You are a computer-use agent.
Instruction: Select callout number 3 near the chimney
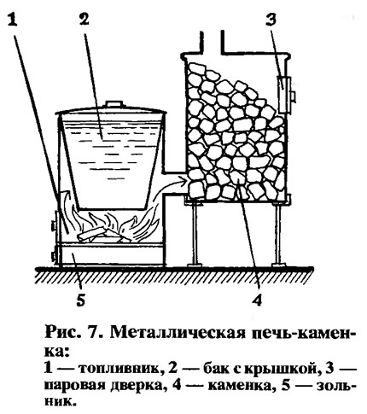pos(271,20)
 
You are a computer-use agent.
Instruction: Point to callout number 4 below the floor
pos(257,300)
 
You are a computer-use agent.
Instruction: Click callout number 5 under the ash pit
pos(81,300)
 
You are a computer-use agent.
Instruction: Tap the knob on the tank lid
pos(114,103)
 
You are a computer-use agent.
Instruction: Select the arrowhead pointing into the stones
pos(183,179)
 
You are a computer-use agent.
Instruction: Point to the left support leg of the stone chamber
pos(195,234)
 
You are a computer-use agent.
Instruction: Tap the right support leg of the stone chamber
pos(278,234)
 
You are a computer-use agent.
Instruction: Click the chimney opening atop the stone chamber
pos(212,43)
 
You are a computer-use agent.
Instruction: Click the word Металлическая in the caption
pos(178,334)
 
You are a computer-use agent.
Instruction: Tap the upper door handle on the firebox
pos(54,225)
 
